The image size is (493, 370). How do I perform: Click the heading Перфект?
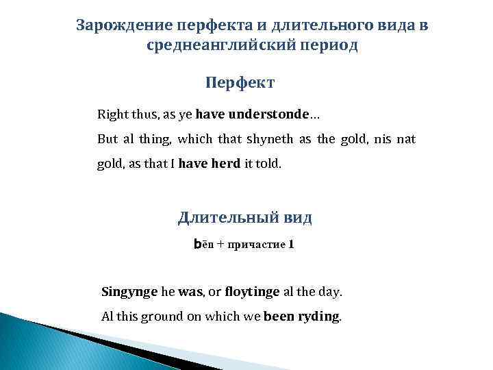coord(240,83)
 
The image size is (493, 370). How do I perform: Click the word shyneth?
coord(268,139)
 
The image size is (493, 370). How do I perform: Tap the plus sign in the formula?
coord(220,245)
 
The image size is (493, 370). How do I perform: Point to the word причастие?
coord(256,245)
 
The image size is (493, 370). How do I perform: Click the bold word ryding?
coord(319,317)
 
